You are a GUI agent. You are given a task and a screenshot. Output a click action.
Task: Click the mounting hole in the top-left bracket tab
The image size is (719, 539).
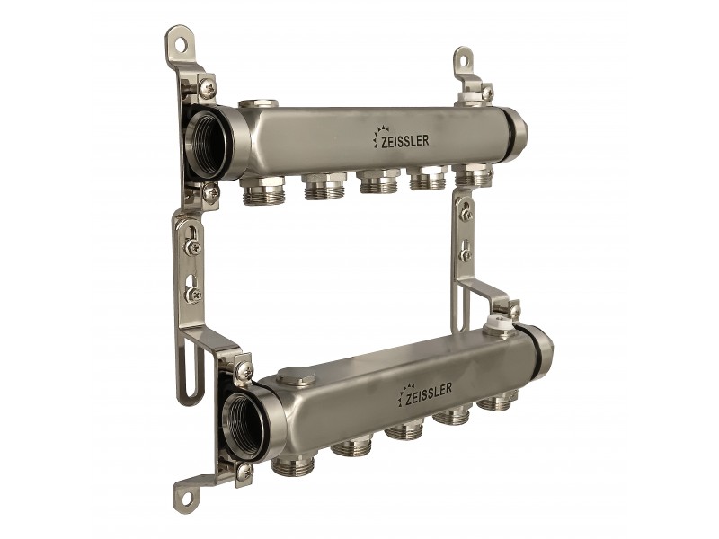pyautogui.click(x=182, y=44)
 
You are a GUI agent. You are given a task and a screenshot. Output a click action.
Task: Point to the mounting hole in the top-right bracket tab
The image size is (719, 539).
pyautogui.click(x=463, y=59)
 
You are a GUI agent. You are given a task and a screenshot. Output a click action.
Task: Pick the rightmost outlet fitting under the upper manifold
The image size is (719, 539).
pyautogui.click(x=473, y=174)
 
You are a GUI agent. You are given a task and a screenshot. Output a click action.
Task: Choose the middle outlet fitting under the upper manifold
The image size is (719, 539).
pyautogui.click(x=377, y=181)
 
